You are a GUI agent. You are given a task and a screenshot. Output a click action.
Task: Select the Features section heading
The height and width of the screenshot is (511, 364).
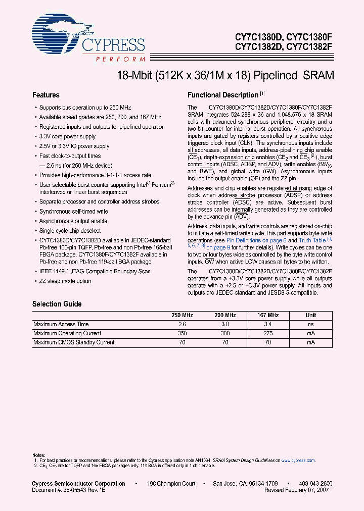[46, 95]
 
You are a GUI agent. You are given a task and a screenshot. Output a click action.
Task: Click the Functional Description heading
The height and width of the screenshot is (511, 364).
[223, 95]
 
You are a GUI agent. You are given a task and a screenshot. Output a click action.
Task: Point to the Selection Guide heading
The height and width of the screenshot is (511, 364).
[57, 304]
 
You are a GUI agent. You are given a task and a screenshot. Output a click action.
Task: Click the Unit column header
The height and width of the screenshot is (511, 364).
[311, 315]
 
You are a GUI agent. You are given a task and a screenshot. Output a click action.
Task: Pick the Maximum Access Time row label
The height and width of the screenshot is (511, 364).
[61, 324]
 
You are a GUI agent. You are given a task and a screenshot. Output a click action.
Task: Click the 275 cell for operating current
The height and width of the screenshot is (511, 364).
[268, 333]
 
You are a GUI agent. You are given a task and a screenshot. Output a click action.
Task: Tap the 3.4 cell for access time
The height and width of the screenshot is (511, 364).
[268, 324]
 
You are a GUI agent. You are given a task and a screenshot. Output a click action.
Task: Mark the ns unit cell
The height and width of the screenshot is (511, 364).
[311, 324]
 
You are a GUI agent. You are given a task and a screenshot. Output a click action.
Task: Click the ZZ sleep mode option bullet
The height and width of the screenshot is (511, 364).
[65, 281]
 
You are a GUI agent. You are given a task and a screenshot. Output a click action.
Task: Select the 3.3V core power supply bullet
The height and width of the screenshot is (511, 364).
[67, 136]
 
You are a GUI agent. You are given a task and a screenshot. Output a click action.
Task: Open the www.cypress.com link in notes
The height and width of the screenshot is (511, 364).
[298, 461]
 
